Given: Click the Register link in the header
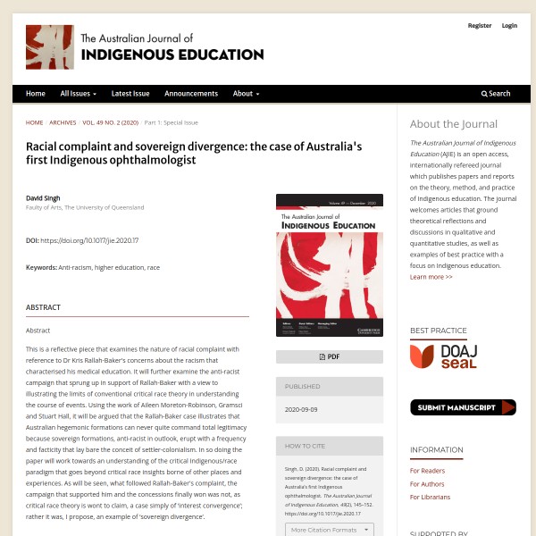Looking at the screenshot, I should tap(480, 26).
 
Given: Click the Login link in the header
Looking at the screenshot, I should tap(509, 26).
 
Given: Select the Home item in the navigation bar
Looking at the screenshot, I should tap(36, 94).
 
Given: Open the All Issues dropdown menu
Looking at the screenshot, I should tap(79, 94).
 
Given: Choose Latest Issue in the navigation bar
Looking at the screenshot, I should tap(130, 94).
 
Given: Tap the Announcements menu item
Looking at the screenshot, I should tap(191, 94).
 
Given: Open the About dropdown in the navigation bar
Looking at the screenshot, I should tap(246, 94).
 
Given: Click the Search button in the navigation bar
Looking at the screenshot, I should tap(496, 94).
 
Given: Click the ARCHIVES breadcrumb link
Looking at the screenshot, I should tap(63, 122).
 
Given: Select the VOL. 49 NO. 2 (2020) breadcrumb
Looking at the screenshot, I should tap(110, 122).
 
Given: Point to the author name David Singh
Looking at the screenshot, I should tap(44, 197).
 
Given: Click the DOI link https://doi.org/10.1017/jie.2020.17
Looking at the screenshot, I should tap(89, 240).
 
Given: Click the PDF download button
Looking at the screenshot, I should tap(330, 356).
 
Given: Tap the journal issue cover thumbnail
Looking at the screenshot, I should tap(330, 265).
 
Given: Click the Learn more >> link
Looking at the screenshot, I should tap(431, 277).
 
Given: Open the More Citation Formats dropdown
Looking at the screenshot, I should tap(329, 530).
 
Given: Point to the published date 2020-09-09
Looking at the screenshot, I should tap(301, 409).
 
